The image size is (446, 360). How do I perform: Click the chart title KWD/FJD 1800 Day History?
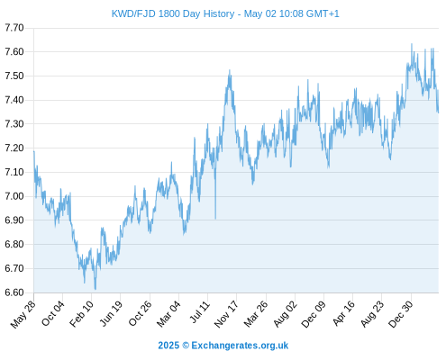click(173, 13)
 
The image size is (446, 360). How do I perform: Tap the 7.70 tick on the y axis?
click(14, 28)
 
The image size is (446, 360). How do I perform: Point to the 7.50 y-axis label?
click(14, 76)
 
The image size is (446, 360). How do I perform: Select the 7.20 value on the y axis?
click(14, 148)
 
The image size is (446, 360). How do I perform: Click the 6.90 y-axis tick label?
click(14, 220)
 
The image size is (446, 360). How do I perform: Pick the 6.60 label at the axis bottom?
click(14, 292)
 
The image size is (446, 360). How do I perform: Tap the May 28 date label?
click(23, 313)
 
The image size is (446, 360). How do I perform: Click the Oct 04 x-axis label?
click(53, 313)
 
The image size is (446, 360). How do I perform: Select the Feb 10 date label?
click(82, 313)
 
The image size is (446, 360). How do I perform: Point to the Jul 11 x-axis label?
click(199, 312)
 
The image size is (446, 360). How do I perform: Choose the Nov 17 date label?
click(226, 313)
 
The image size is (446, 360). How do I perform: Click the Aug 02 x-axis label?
click(286, 313)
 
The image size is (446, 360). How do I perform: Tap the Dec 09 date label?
click(314, 313)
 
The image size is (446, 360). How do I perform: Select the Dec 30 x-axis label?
click(401, 313)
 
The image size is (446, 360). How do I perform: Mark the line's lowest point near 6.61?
click(96, 289)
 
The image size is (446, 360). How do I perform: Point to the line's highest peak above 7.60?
click(412, 44)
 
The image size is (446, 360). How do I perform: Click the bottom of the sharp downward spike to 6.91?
click(215, 219)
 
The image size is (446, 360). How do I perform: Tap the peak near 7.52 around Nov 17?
click(230, 70)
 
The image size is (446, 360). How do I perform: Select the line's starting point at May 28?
click(34, 151)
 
